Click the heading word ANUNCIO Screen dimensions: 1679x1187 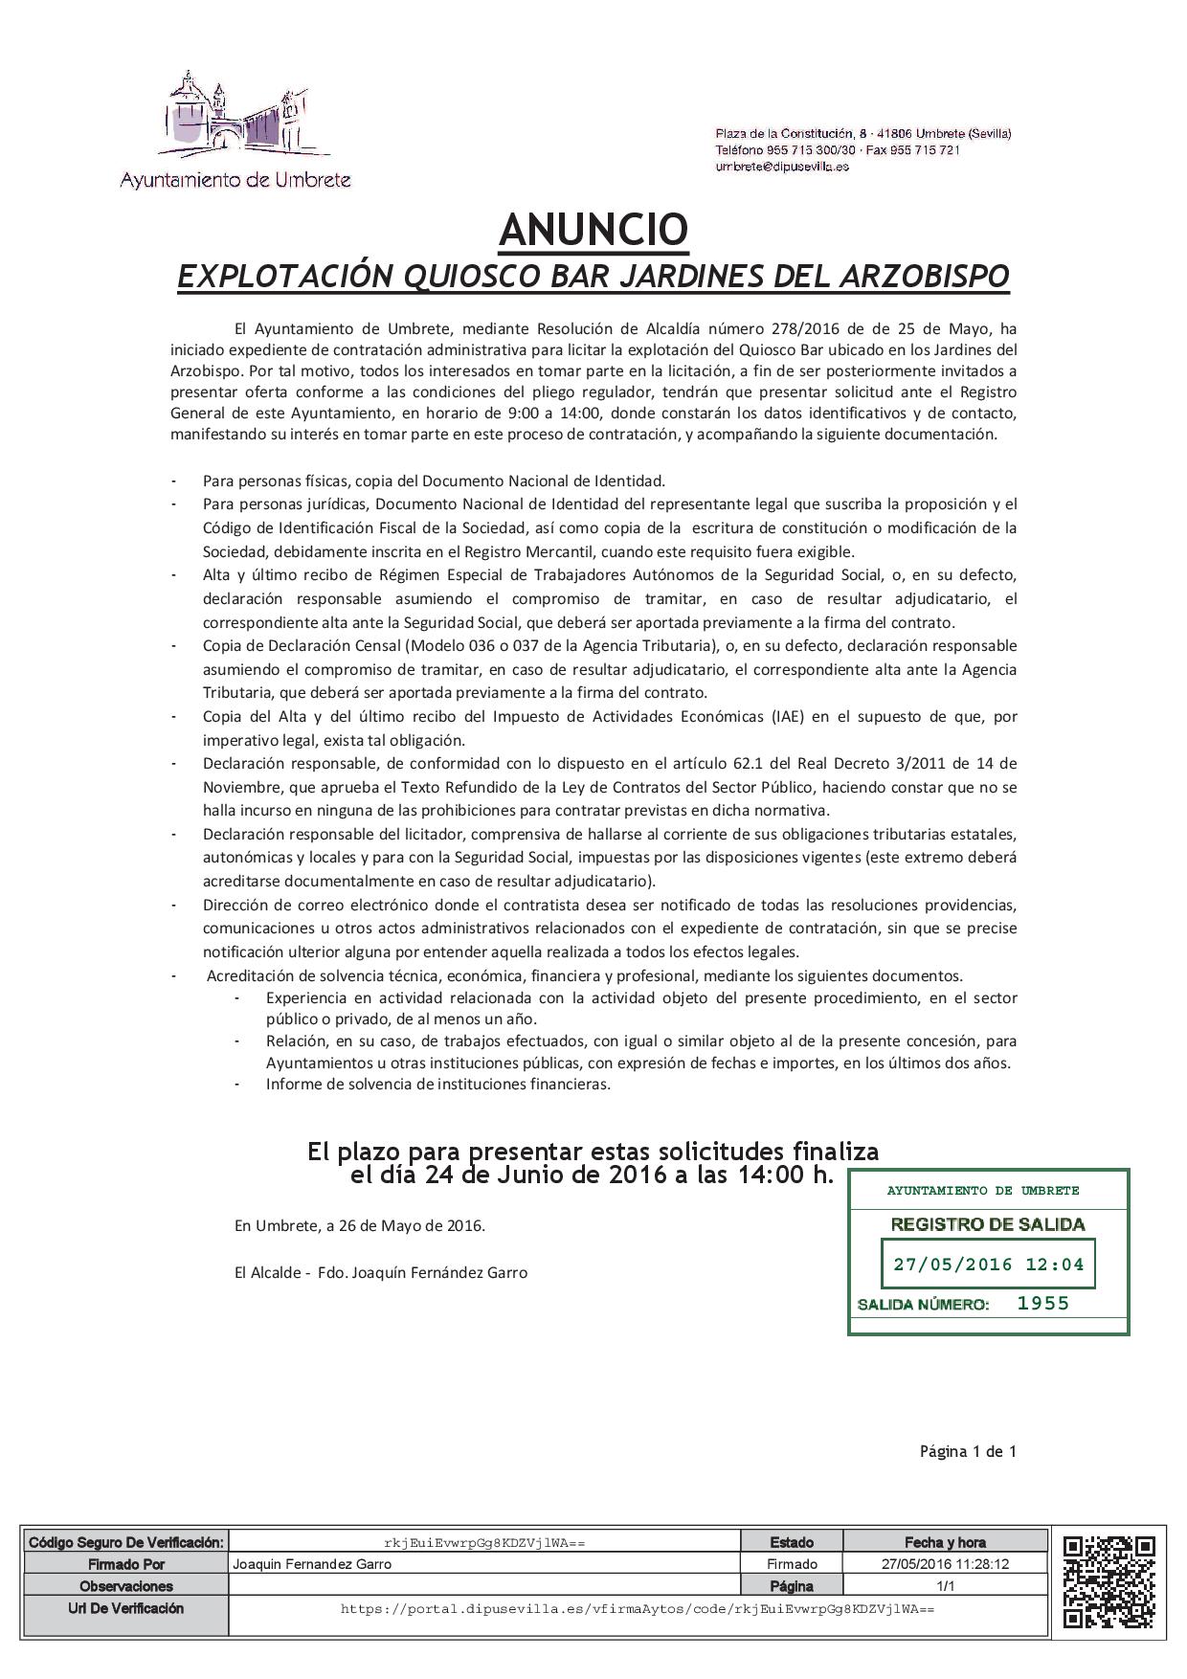point(593,230)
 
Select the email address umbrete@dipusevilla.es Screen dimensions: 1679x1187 point(782,167)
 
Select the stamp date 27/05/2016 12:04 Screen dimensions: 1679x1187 point(988,1265)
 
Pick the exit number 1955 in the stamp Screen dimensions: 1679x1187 point(1042,1303)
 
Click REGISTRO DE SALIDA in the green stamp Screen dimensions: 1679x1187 point(988,1224)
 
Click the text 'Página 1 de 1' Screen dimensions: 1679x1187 point(968,1451)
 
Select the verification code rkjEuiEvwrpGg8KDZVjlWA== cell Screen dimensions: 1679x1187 point(484,1542)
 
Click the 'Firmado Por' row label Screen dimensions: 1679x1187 point(126,1564)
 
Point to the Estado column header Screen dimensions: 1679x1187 point(792,1542)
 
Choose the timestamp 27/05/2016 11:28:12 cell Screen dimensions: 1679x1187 point(946,1564)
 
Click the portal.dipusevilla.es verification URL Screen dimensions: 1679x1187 point(638,1609)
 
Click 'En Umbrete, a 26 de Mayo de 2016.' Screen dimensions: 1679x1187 point(360,1225)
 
